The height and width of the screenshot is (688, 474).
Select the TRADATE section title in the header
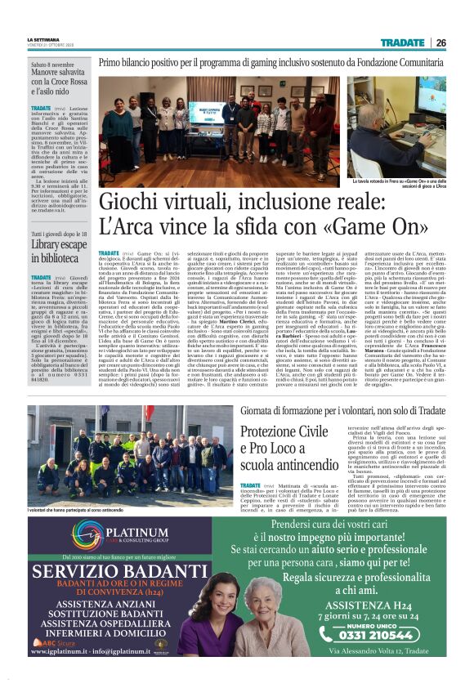402,42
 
